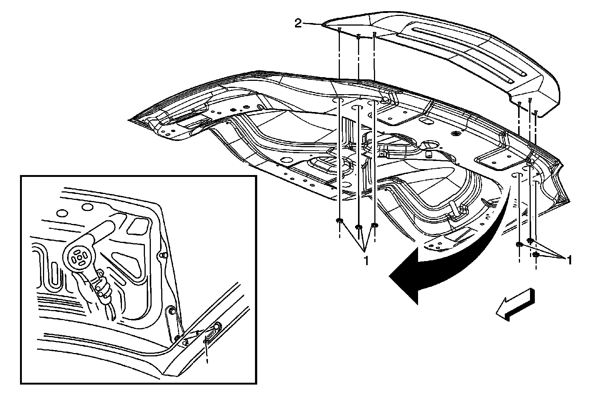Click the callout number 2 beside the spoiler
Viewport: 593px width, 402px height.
tap(298, 24)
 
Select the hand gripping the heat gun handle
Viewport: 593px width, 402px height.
tap(102, 287)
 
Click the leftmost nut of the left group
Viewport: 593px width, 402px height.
tap(339, 221)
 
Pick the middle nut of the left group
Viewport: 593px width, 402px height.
tap(358, 227)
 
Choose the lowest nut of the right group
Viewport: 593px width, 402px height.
tap(536, 255)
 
